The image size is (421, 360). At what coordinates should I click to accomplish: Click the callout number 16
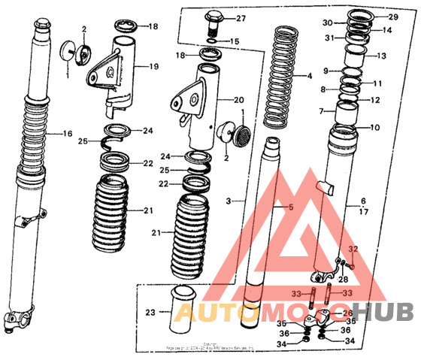click(x=67, y=134)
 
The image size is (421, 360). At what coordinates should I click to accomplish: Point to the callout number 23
click(x=150, y=313)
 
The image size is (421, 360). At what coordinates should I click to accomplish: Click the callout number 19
click(x=153, y=66)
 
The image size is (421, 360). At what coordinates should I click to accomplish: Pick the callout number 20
click(x=240, y=100)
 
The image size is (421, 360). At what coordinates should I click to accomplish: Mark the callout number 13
click(x=380, y=56)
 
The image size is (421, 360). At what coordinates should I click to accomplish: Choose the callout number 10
click(x=375, y=127)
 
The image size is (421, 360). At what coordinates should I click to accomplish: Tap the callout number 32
click(x=355, y=249)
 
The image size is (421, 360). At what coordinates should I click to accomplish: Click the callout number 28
click(x=344, y=279)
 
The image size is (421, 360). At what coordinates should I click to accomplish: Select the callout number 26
click(x=347, y=313)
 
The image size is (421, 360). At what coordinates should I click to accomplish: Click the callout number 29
click(x=392, y=17)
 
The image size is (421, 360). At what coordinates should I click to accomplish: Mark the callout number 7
click(x=321, y=111)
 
